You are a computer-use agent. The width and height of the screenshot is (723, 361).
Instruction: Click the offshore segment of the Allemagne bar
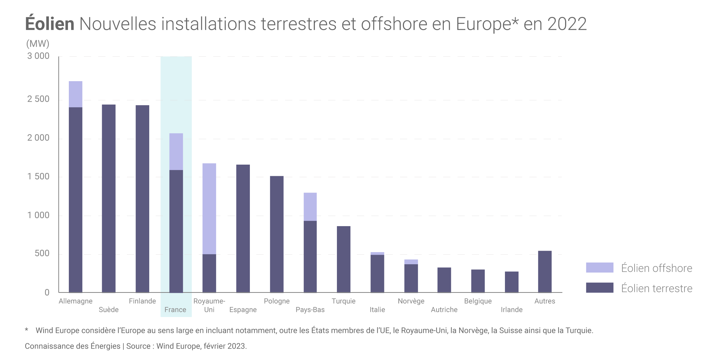click(75, 94)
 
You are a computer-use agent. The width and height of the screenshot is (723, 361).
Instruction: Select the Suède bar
click(109, 198)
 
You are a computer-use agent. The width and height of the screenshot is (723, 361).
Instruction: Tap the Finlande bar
click(142, 199)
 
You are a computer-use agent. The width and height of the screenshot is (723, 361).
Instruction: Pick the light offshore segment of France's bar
click(176, 152)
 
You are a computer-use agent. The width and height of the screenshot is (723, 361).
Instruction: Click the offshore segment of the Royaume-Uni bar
click(209, 209)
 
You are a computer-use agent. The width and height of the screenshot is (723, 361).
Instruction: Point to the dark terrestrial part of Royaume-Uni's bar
click(209, 273)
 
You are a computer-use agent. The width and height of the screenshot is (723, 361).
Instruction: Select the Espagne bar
click(243, 228)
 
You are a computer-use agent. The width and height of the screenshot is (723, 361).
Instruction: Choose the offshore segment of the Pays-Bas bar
click(310, 207)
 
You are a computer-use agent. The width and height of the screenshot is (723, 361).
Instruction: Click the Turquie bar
click(344, 259)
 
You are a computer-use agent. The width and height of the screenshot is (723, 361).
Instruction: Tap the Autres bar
click(545, 271)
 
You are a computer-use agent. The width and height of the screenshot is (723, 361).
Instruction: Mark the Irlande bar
click(512, 282)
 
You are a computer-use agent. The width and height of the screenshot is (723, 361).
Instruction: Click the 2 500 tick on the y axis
click(38, 99)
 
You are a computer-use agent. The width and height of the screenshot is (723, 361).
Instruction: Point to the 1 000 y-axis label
click(38, 215)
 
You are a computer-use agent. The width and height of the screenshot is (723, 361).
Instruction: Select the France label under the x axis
click(175, 310)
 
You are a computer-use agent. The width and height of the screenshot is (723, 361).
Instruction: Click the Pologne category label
click(277, 301)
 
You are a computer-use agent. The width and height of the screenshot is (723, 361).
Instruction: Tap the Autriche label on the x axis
click(444, 310)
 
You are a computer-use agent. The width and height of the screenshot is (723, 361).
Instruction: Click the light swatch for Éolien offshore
click(600, 267)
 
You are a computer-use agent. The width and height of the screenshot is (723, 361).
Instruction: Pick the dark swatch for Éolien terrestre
click(600, 288)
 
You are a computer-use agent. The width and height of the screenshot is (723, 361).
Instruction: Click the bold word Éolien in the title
click(50, 24)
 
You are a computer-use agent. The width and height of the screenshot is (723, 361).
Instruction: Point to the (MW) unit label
click(38, 44)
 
